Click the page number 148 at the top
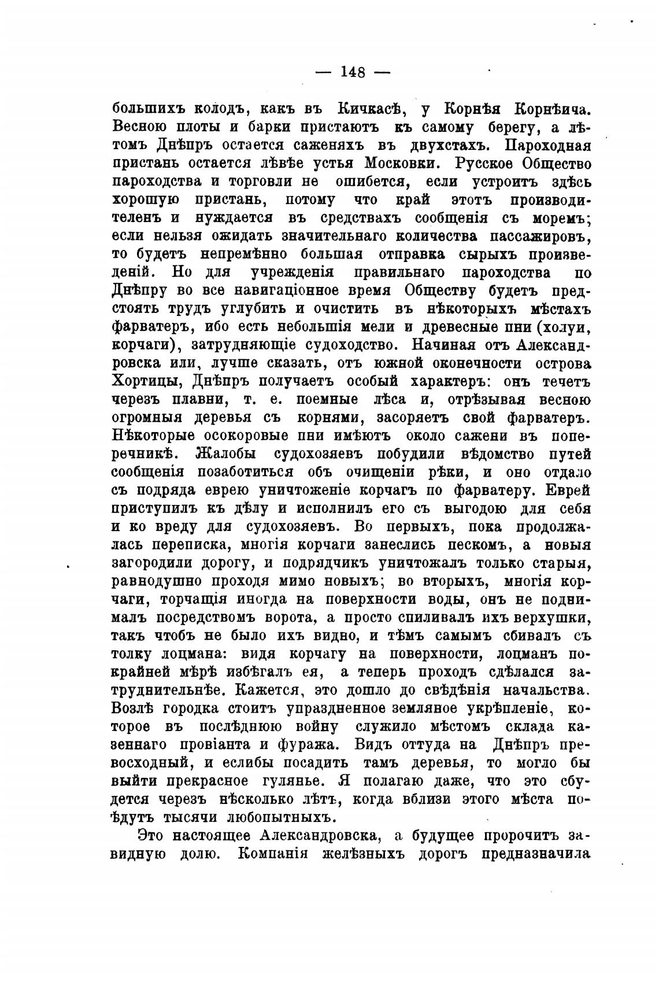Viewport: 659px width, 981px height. [353, 72]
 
